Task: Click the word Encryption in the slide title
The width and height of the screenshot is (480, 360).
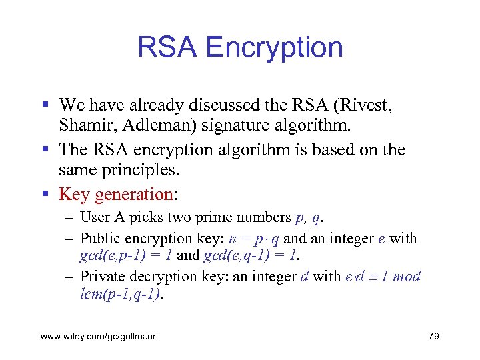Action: [x=275, y=48]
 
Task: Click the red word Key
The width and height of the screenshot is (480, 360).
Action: [x=74, y=195]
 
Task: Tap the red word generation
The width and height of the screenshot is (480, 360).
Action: [x=134, y=195]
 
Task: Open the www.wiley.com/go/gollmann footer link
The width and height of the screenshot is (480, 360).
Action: [x=99, y=337]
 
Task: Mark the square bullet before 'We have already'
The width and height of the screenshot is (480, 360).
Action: [x=45, y=105]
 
